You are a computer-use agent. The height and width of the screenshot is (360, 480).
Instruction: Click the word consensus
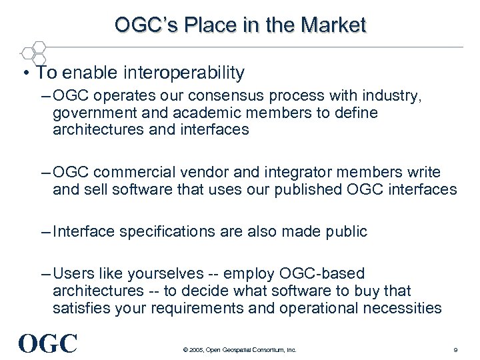pyautogui.click(x=251, y=97)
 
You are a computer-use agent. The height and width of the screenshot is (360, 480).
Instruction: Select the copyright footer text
pyautogui.click(x=237, y=349)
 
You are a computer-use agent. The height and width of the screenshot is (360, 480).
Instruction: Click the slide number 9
pyautogui.click(x=455, y=349)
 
